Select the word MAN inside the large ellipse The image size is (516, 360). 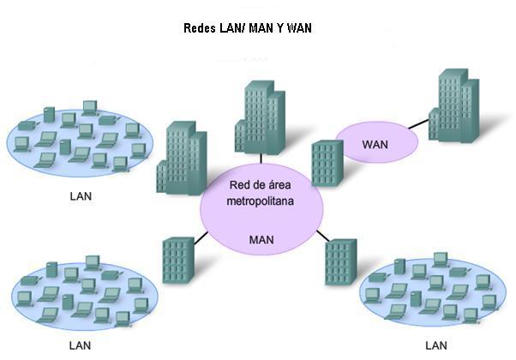261,239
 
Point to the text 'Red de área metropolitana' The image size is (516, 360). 261,193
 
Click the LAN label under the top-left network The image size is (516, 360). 81,195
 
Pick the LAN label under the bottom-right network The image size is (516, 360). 437,346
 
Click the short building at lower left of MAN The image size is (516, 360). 178,260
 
